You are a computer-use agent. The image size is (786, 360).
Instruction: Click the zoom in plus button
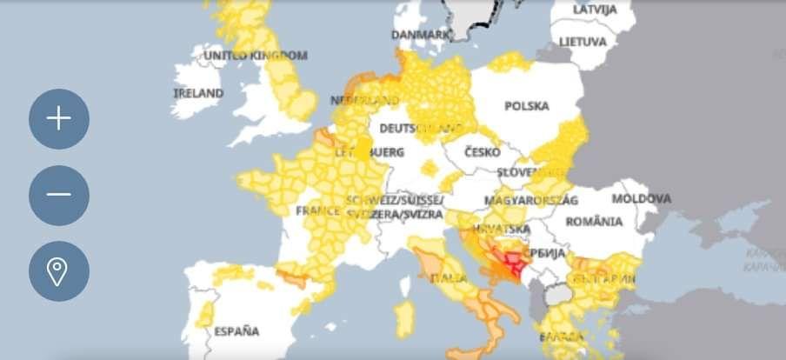(x=58, y=118)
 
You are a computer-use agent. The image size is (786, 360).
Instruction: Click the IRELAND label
(x=198, y=93)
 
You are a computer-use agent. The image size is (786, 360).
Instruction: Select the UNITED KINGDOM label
(x=255, y=56)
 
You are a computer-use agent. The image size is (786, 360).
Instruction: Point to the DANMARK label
(x=421, y=35)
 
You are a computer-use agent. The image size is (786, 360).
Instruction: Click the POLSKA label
(x=527, y=106)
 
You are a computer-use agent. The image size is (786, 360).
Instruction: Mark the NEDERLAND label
(x=357, y=101)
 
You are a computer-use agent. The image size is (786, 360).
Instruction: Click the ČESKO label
(x=482, y=152)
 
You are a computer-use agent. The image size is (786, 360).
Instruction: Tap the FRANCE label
(x=317, y=211)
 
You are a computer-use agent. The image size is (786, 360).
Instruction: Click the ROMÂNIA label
(x=594, y=222)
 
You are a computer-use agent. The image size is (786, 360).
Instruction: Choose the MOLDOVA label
(x=642, y=199)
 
